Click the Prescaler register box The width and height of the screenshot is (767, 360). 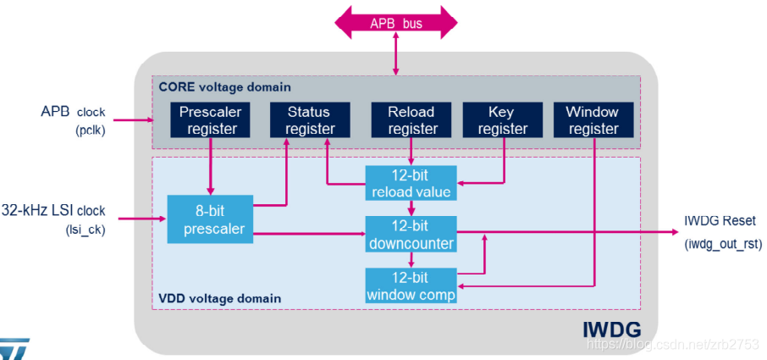(210, 119)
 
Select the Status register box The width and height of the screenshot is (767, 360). (310, 119)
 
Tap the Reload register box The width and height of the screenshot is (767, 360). (411, 119)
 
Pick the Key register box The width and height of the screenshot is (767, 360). (502, 119)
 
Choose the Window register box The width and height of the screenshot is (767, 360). (593, 119)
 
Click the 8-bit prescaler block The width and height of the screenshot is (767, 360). (210, 219)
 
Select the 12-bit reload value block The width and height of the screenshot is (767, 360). (411, 183)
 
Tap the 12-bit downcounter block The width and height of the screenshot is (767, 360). (411, 235)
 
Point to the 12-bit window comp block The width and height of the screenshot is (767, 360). (411, 285)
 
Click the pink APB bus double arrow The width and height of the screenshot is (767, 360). (395, 23)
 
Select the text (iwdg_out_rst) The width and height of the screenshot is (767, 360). (723, 244)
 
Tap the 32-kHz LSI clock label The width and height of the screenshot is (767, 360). (53, 211)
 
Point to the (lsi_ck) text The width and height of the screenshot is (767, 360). (86, 230)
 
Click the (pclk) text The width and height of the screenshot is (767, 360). (91, 131)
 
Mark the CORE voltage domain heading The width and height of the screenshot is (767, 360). (224, 87)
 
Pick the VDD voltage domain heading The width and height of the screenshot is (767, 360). (220, 298)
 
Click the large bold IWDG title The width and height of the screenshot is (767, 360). (612, 330)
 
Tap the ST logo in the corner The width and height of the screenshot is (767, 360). (14, 349)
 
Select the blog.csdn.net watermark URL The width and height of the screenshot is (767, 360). (672, 345)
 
